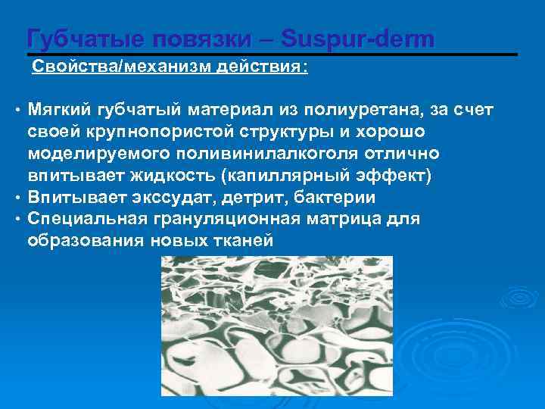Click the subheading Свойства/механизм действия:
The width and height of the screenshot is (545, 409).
coord(170,67)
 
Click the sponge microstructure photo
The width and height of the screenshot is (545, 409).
coord(277,326)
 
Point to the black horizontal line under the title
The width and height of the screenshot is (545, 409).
coord(272,55)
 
